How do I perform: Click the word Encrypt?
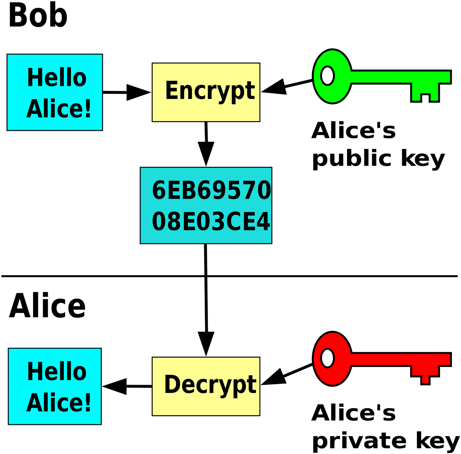tap(210, 90)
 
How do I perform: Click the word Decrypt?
tap(210, 385)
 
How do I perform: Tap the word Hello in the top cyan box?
tap(56, 78)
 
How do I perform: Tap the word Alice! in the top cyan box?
tap(59, 109)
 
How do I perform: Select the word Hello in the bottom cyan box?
tap(56, 372)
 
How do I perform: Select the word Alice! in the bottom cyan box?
tap(59, 403)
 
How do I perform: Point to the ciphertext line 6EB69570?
tap(211, 190)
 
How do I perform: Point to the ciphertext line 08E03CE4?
tap(211, 221)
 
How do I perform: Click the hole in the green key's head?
tap(327, 76)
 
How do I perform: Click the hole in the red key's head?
tap(327, 358)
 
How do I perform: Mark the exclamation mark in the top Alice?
tap(88, 109)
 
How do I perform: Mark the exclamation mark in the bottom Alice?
tap(88, 403)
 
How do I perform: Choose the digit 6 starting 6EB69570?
tap(159, 190)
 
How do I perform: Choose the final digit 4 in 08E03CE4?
tap(263, 221)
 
